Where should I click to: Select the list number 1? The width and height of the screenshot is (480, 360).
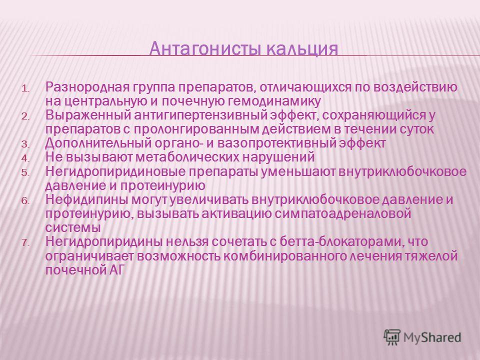coord(25,89)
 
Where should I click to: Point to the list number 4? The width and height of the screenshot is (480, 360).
coord(25,158)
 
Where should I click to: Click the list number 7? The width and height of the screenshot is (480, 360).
coord(25,243)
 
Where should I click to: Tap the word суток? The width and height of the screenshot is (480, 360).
coord(416,129)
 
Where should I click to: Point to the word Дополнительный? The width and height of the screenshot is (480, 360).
coord(98,143)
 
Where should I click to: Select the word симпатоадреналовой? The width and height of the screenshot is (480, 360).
coord(342,213)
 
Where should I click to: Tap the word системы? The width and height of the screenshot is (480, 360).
coord(73,228)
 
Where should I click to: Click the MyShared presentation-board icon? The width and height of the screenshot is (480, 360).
coord(392,337)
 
